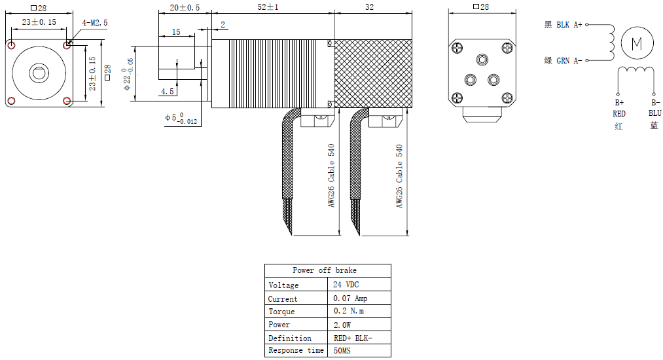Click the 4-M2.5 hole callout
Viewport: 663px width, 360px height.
[x=94, y=22]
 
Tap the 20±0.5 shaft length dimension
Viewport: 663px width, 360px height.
[x=185, y=7]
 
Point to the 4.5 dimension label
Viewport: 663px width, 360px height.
[x=168, y=92]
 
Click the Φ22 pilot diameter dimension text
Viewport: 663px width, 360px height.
[x=128, y=74]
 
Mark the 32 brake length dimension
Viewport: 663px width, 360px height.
[x=369, y=7]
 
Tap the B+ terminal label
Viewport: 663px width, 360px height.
[x=619, y=103]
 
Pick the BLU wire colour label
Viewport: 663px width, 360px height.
[x=654, y=113]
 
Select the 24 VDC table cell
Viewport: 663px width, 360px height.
[x=346, y=285]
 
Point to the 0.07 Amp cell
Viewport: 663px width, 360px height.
[x=350, y=298]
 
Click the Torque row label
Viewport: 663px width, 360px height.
[x=281, y=312]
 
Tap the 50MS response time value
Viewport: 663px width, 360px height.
[x=343, y=351]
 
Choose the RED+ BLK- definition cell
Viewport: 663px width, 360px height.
[x=353, y=338]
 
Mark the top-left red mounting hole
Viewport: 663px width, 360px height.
[x=12, y=45]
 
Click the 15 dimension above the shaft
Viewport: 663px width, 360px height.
[x=176, y=31]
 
